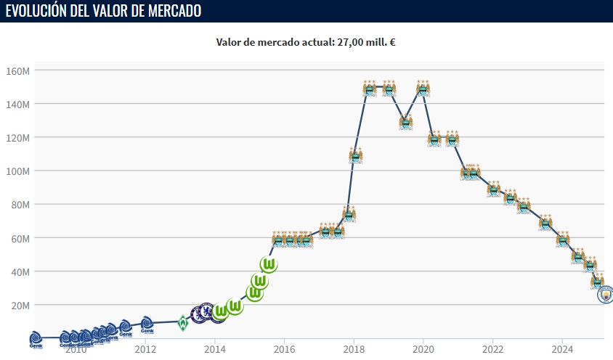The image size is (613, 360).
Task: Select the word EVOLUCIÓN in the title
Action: (x=36, y=11)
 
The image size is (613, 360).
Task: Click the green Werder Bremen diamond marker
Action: (x=183, y=322)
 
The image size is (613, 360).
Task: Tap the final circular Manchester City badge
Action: (x=604, y=294)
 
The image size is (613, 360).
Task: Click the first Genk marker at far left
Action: (x=36, y=339)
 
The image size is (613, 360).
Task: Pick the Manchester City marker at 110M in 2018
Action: (x=355, y=155)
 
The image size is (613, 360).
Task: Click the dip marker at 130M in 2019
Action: (x=406, y=122)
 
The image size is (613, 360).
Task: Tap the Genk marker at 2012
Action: (x=147, y=325)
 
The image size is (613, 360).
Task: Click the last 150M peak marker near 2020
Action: (x=423, y=89)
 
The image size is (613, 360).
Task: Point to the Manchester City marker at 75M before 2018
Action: (x=349, y=214)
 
